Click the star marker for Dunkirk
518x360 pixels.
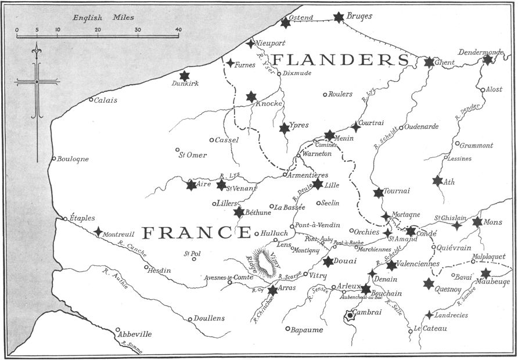pos(184,75)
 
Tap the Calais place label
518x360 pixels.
pos(105,100)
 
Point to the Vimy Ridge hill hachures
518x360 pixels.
pos(266,262)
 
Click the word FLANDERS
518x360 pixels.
pos(341,60)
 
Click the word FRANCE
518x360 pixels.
pos(197,233)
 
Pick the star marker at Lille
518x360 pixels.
pos(318,183)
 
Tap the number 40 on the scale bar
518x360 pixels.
pos(177,29)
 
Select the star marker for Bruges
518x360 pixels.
pos(339,17)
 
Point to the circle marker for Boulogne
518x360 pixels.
pos(54,159)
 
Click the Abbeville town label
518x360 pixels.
pos(134,334)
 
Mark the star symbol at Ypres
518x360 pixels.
pos(284,128)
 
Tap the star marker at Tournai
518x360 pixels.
pos(379,192)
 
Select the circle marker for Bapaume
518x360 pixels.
pos(287,329)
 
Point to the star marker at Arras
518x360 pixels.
pos(272,289)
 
